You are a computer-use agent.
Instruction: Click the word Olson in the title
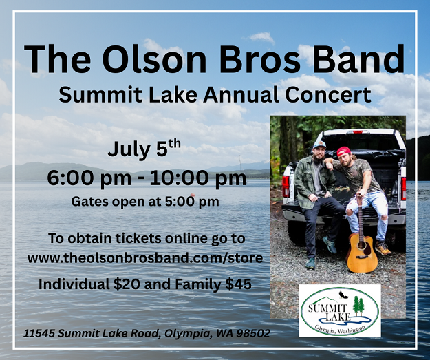tap(154, 59)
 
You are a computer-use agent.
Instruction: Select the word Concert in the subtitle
tap(328, 95)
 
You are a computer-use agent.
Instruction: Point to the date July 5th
tap(144, 148)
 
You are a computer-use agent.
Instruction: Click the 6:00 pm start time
tap(89, 178)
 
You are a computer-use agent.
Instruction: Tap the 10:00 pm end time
tap(198, 178)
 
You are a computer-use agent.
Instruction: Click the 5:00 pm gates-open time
tap(192, 202)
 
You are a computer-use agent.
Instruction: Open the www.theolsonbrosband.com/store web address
tap(145, 258)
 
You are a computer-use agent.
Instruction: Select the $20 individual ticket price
tap(127, 284)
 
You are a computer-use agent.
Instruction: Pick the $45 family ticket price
tap(238, 284)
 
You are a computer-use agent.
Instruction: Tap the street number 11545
tap(39, 334)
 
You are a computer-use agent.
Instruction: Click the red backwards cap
tap(344, 151)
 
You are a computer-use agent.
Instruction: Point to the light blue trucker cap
tap(319, 145)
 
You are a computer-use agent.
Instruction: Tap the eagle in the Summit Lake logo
tap(343, 295)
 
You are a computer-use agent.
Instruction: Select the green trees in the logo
tap(358, 305)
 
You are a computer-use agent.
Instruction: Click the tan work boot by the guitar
tap(383, 248)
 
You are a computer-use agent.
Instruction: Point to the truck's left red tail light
tap(286, 187)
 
